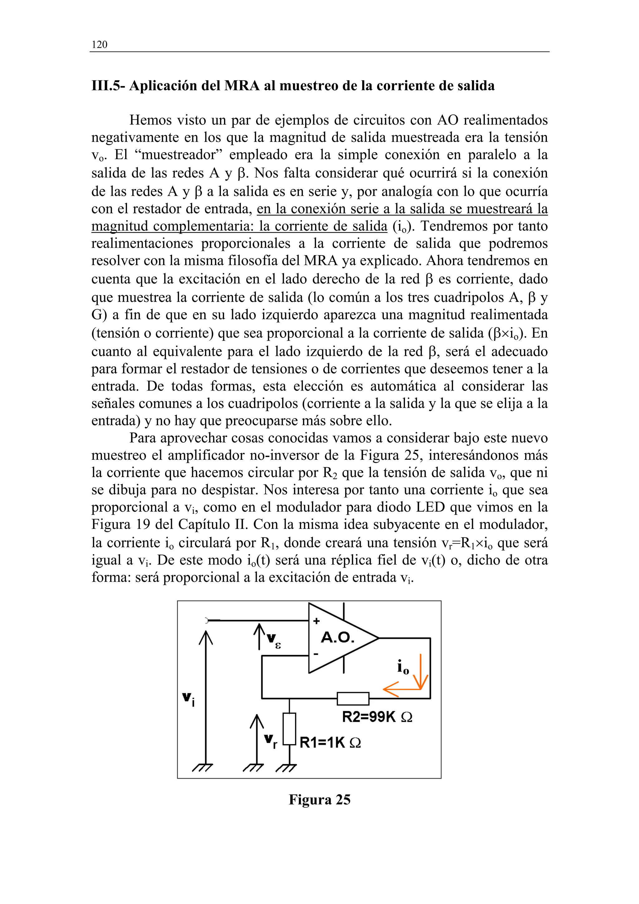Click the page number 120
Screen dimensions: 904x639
coord(99,45)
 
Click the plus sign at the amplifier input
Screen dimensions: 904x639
coord(316,621)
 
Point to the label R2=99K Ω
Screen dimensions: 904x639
coord(377,717)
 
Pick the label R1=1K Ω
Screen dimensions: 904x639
coord(330,742)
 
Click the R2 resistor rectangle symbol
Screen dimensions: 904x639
coord(353,698)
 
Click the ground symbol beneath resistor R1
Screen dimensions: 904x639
coord(286,767)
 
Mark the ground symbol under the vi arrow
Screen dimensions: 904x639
coord(203,767)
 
